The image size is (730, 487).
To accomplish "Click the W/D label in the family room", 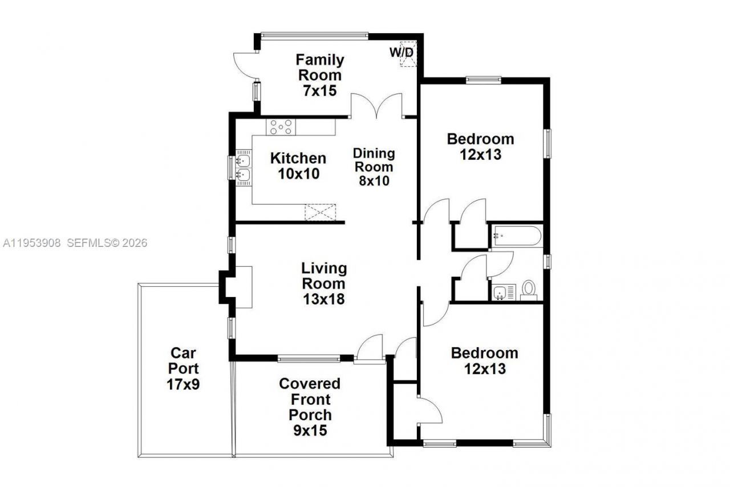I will [401, 52].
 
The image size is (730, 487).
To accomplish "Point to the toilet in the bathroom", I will [529, 290].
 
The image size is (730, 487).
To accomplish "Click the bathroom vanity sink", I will [500, 293].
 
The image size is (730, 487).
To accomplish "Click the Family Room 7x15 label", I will [319, 75].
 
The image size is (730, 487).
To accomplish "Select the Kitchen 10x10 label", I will [298, 165].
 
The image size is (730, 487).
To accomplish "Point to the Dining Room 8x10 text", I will [374, 167].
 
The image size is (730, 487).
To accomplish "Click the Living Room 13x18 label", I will [323, 283].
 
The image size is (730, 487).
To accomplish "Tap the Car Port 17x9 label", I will [183, 368].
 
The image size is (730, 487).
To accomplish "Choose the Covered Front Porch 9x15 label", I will [310, 407].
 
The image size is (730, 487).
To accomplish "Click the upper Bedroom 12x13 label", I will [480, 147].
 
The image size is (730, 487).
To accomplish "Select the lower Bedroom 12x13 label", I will [484, 360].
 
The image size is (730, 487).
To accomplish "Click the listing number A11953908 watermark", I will [32, 243].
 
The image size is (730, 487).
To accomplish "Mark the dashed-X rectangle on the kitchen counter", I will [321, 212].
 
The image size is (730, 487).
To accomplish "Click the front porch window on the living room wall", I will [309, 359].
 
